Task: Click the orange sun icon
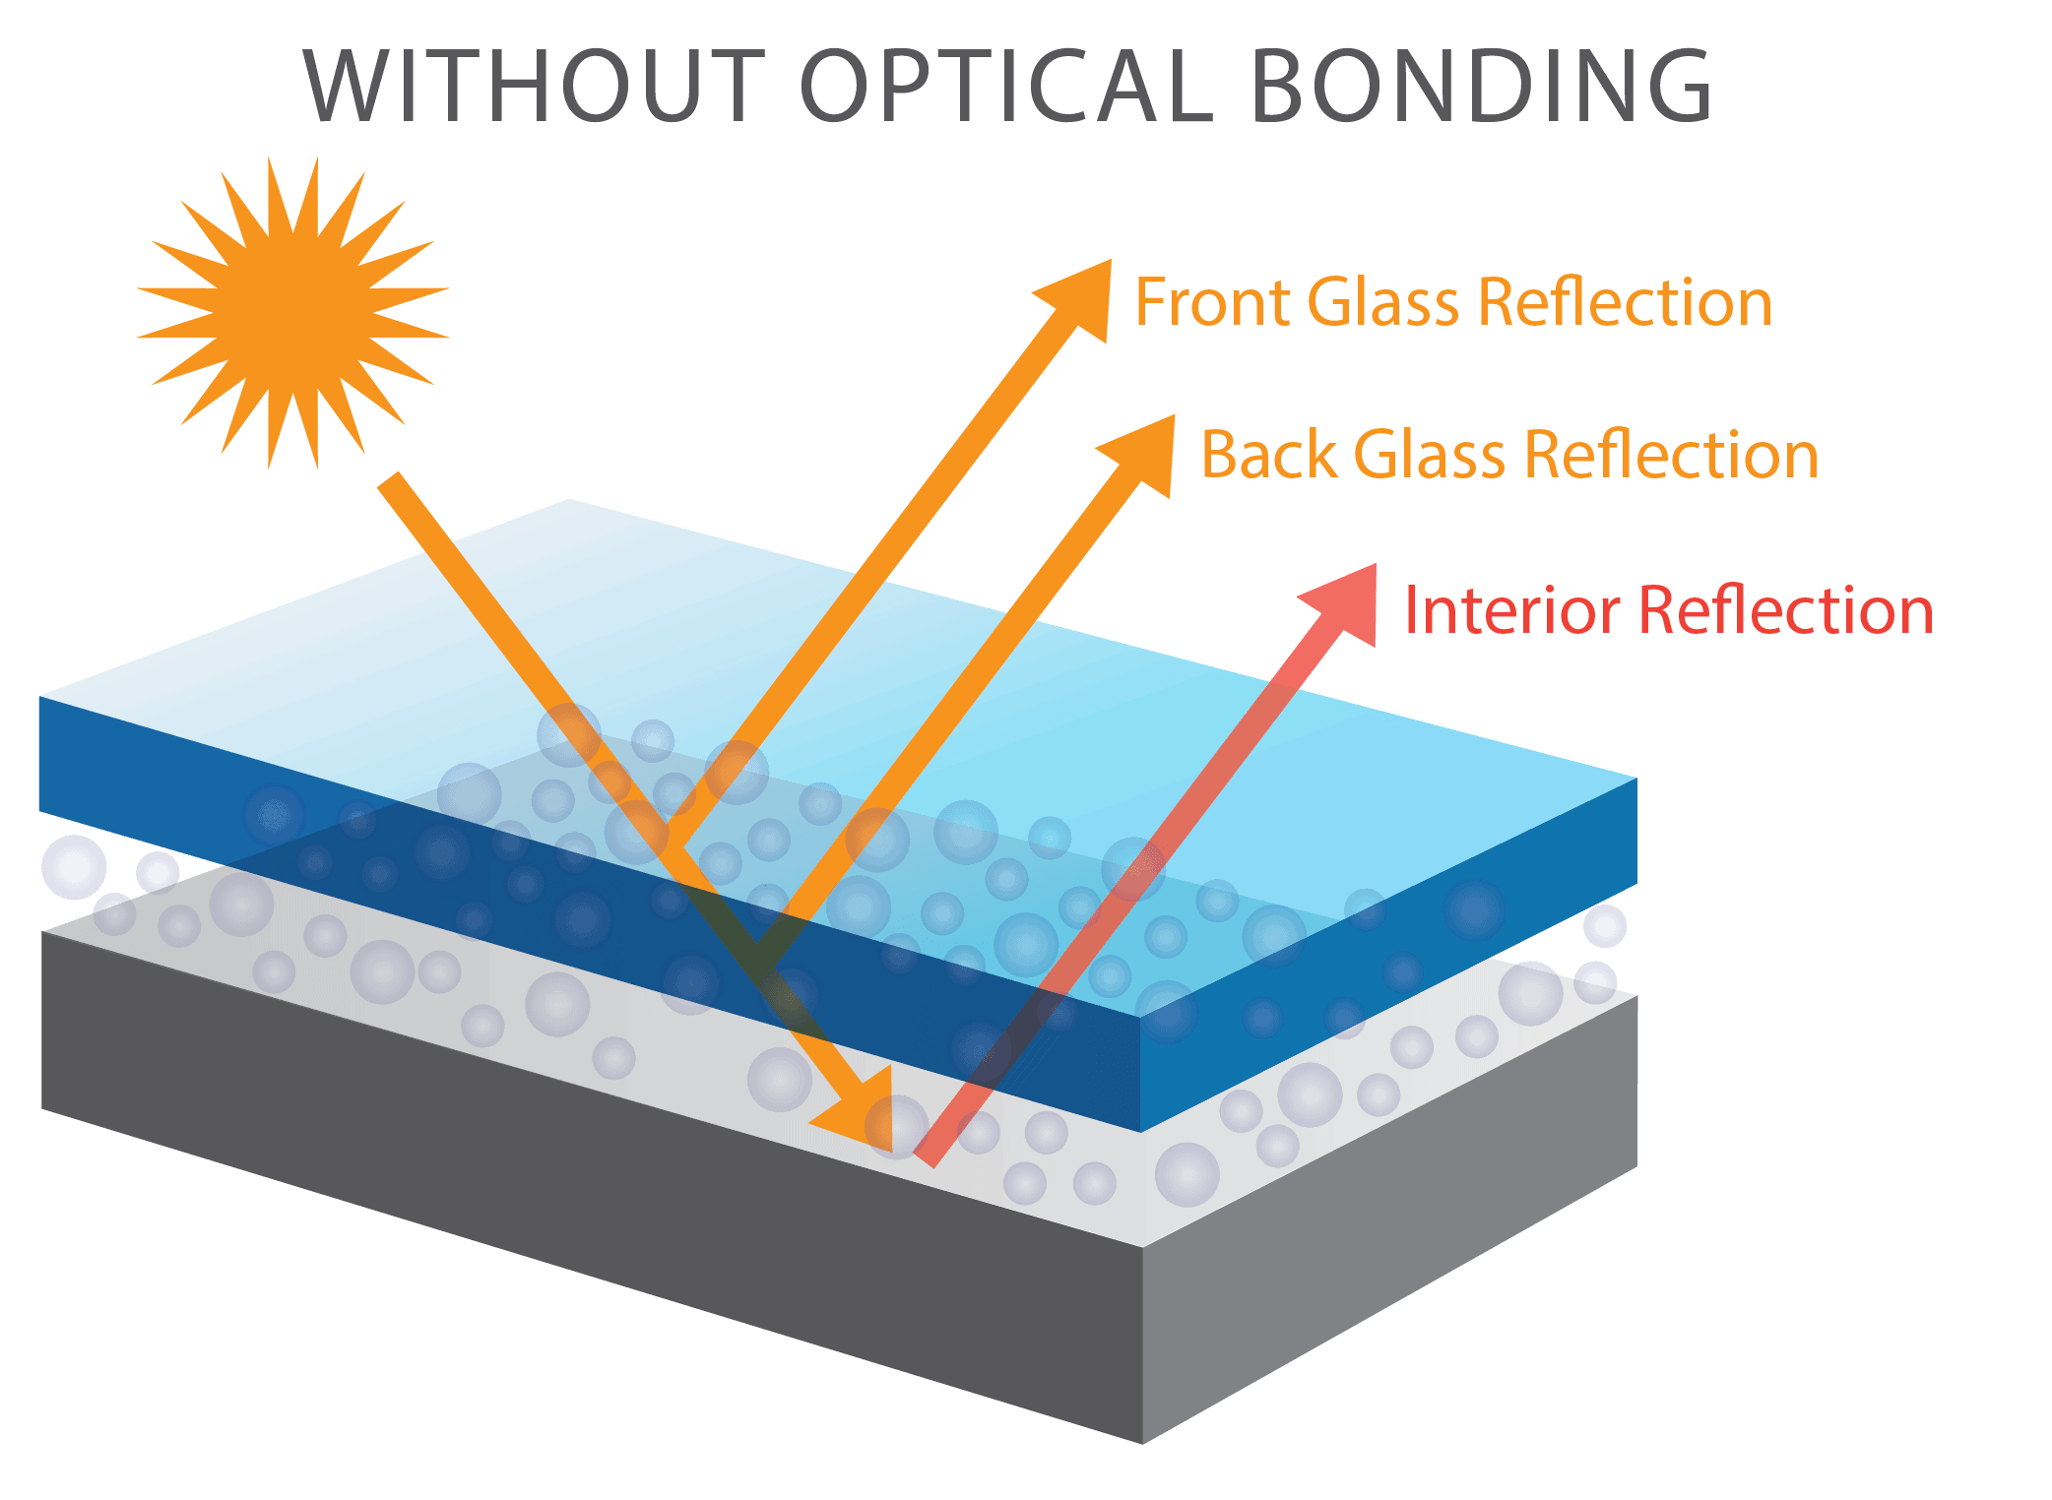(293, 312)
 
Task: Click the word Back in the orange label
(1269, 456)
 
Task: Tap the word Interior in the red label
(1511, 610)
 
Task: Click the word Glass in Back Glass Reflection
(1430, 456)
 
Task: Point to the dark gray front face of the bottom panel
(591, 1181)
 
